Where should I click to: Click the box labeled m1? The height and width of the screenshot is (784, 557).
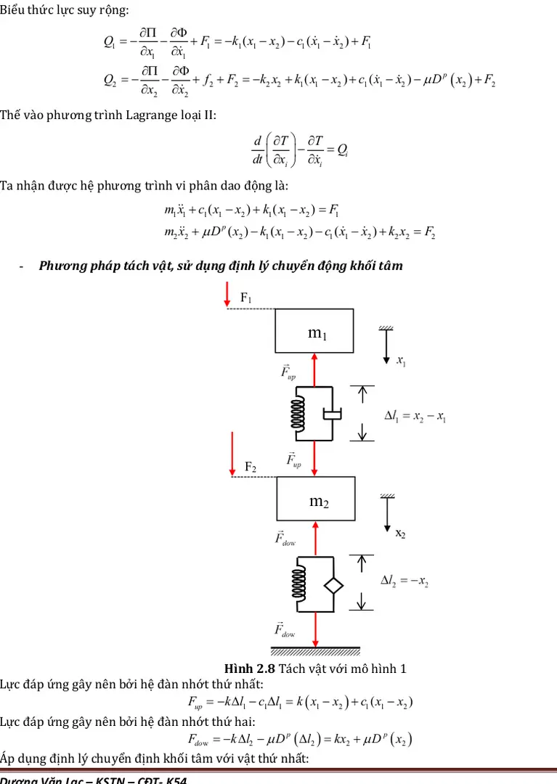pyautogui.click(x=314, y=330)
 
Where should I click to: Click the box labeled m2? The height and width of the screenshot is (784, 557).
pyautogui.click(x=314, y=499)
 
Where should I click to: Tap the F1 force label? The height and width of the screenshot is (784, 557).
pyautogui.click(x=246, y=298)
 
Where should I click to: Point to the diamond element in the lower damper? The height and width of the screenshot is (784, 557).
pyautogui.click(x=333, y=584)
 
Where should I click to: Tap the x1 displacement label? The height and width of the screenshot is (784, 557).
pyautogui.click(x=401, y=361)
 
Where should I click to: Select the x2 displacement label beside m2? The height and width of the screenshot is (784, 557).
pyautogui.click(x=400, y=534)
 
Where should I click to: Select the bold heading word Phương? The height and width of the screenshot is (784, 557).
pyautogui.click(x=60, y=266)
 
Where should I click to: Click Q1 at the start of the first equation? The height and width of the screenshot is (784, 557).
pyautogui.click(x=110, y=41)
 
